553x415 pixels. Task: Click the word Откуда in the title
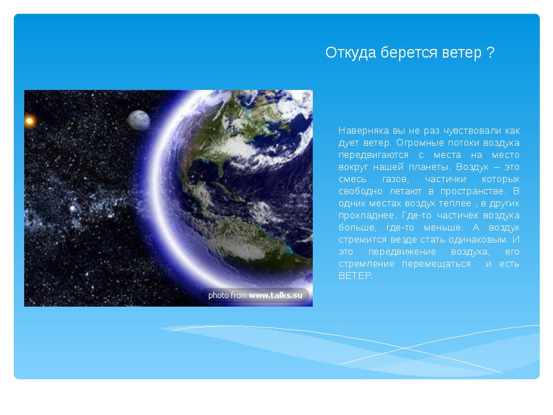351,53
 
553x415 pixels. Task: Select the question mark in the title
490,52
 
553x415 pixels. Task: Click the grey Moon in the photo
139,120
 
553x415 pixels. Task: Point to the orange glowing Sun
29,121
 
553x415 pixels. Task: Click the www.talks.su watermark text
276,295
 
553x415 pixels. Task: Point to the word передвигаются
373,155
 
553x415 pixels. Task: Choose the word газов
395,179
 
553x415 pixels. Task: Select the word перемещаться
436,264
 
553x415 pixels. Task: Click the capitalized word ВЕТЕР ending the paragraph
355,276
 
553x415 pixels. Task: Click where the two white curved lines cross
405,348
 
